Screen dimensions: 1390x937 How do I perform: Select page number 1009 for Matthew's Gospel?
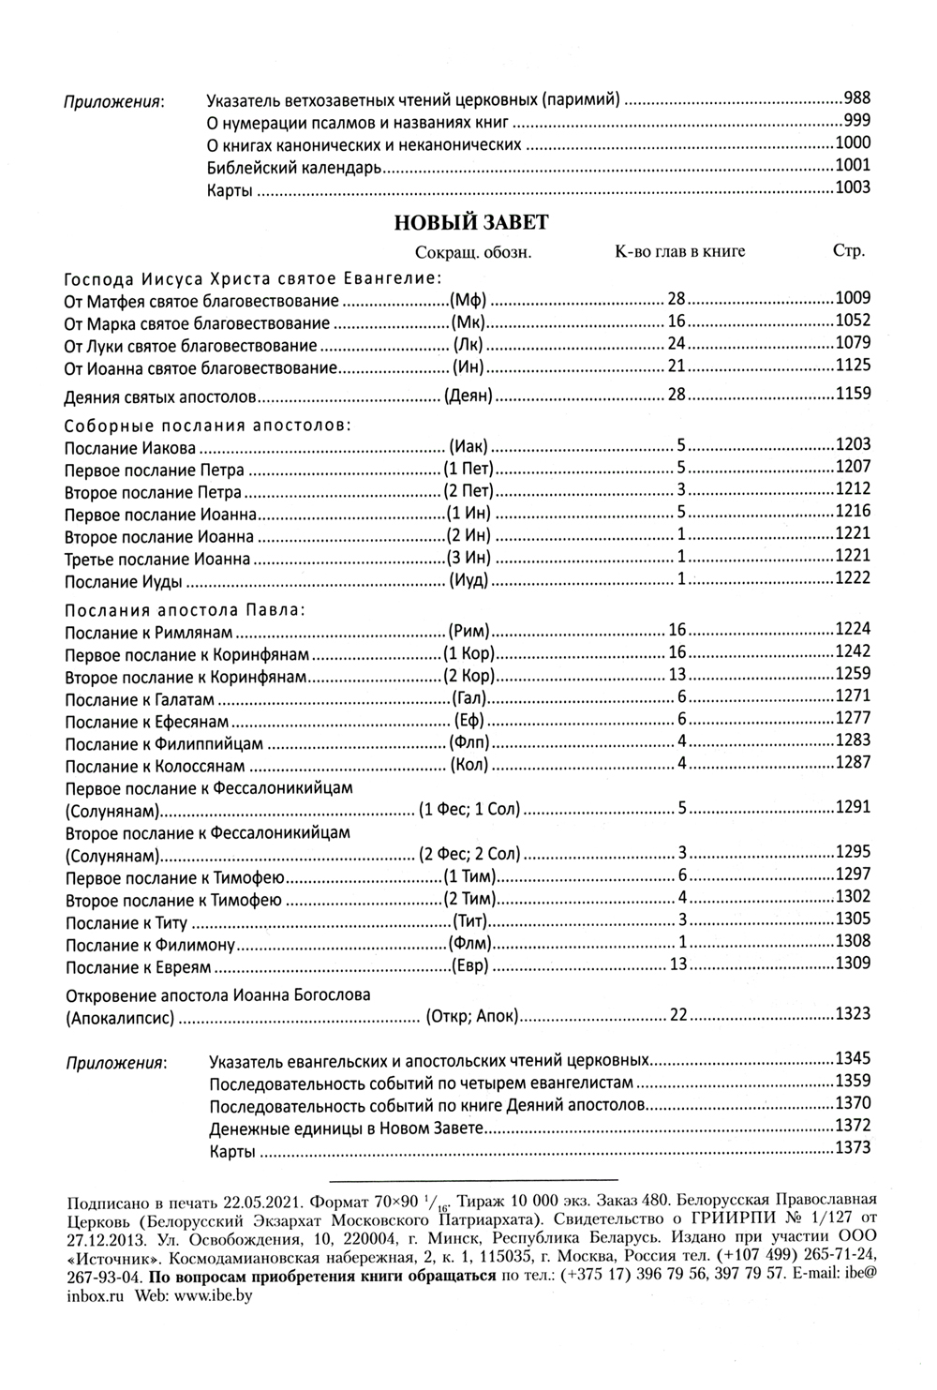click(x=853, y=298)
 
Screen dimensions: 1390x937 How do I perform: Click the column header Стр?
click(x=848, y=251)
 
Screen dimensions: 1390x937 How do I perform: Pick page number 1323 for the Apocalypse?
click(x=853, y=1013)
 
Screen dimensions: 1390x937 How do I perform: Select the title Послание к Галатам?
click(x=140, y=700)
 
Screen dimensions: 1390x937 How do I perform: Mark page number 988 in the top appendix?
click(x=857, y=97)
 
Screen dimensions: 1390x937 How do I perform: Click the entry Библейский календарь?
click(x=294, y=169)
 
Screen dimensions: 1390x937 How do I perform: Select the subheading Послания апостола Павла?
click(x=185, y=609)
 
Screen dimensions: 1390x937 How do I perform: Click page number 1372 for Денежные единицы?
click(x=853, y=1125)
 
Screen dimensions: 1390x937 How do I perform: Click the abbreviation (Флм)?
click(x=470, y=943)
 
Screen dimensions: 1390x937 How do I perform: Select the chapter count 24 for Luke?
click(x=677, y=343)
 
